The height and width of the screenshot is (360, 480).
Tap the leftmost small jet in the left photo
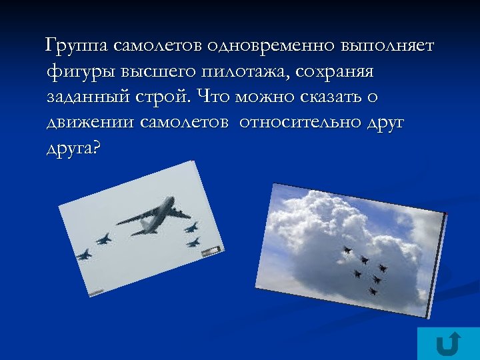(84, 254)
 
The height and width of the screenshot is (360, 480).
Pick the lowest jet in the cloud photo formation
(373, 291)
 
